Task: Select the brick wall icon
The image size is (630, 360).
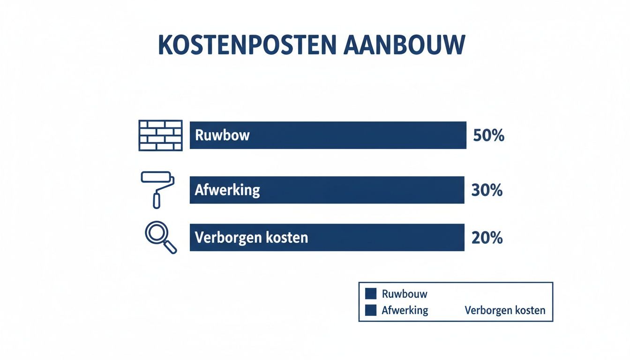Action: (161, 135)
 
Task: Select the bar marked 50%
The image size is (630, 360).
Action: (328, 135)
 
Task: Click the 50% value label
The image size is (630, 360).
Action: (488, 136)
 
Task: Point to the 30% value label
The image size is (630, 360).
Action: (487, 190)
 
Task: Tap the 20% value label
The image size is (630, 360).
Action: (487, 238)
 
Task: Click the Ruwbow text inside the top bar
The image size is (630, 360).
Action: (222, 135)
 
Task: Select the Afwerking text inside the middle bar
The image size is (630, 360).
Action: (227, 190)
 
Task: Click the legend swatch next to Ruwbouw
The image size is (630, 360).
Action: (371, 294)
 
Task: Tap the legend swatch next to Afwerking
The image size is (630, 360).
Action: (371, 310)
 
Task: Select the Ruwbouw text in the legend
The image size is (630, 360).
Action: (405, 294)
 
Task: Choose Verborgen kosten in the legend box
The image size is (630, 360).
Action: (505, 310)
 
